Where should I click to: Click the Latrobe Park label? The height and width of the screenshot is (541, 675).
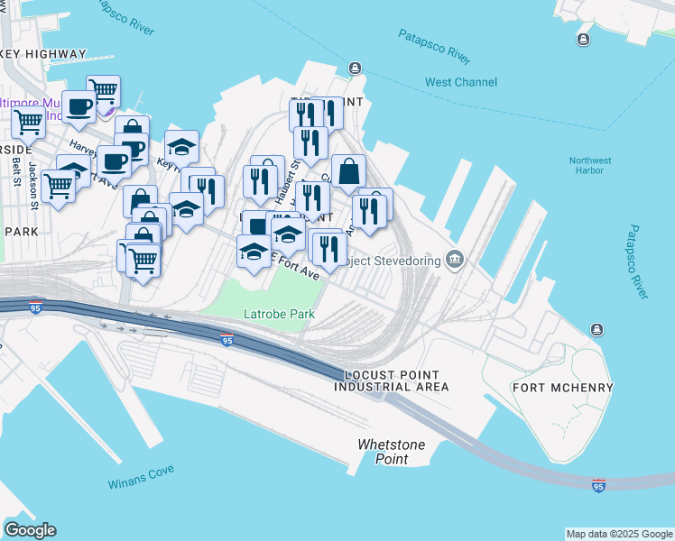coord(279,315)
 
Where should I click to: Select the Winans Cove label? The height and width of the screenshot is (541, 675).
coord(141,476)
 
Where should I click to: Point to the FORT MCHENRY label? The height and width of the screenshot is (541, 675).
coord(562,388)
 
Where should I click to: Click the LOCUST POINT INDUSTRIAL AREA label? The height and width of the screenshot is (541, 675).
coord(391,381)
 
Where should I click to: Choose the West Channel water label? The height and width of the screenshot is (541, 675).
coord(460,82)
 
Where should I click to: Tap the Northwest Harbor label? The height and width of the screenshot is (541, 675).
coord(590,166)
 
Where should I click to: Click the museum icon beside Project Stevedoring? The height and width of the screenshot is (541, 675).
coord(456,261)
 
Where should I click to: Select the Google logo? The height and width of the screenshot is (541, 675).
coord(30,530)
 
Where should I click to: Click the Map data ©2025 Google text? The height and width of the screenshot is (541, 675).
coord(618,534)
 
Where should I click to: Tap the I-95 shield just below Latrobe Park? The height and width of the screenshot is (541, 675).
coord(227,340)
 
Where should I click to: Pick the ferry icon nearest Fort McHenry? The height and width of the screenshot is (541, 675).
coord(596,328)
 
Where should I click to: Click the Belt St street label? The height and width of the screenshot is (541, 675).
coord(16,167)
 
